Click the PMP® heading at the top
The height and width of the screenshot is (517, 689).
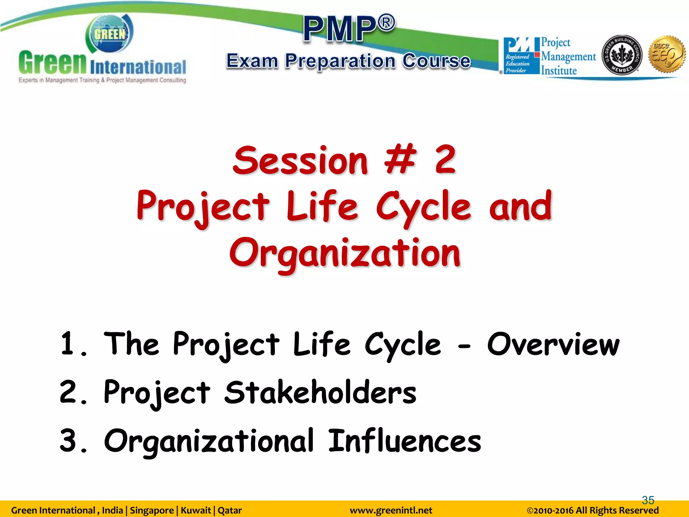click(349, 29)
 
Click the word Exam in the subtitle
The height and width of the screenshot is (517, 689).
click(252, 61)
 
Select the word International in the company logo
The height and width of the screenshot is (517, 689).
click(138, 67)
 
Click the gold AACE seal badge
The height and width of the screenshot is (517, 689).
click(667, 54)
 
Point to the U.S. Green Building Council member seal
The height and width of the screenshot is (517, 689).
click(621, 55)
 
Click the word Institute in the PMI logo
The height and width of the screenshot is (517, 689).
click(559, 71)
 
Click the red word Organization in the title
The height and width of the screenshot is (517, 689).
click(345, 253)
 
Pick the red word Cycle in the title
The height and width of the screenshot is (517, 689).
click(423, 207)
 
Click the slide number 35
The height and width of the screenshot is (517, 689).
click(648, 500)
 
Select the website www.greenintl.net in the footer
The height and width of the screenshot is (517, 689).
click(391, 511)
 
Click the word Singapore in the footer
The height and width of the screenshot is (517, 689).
click(152, 511)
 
